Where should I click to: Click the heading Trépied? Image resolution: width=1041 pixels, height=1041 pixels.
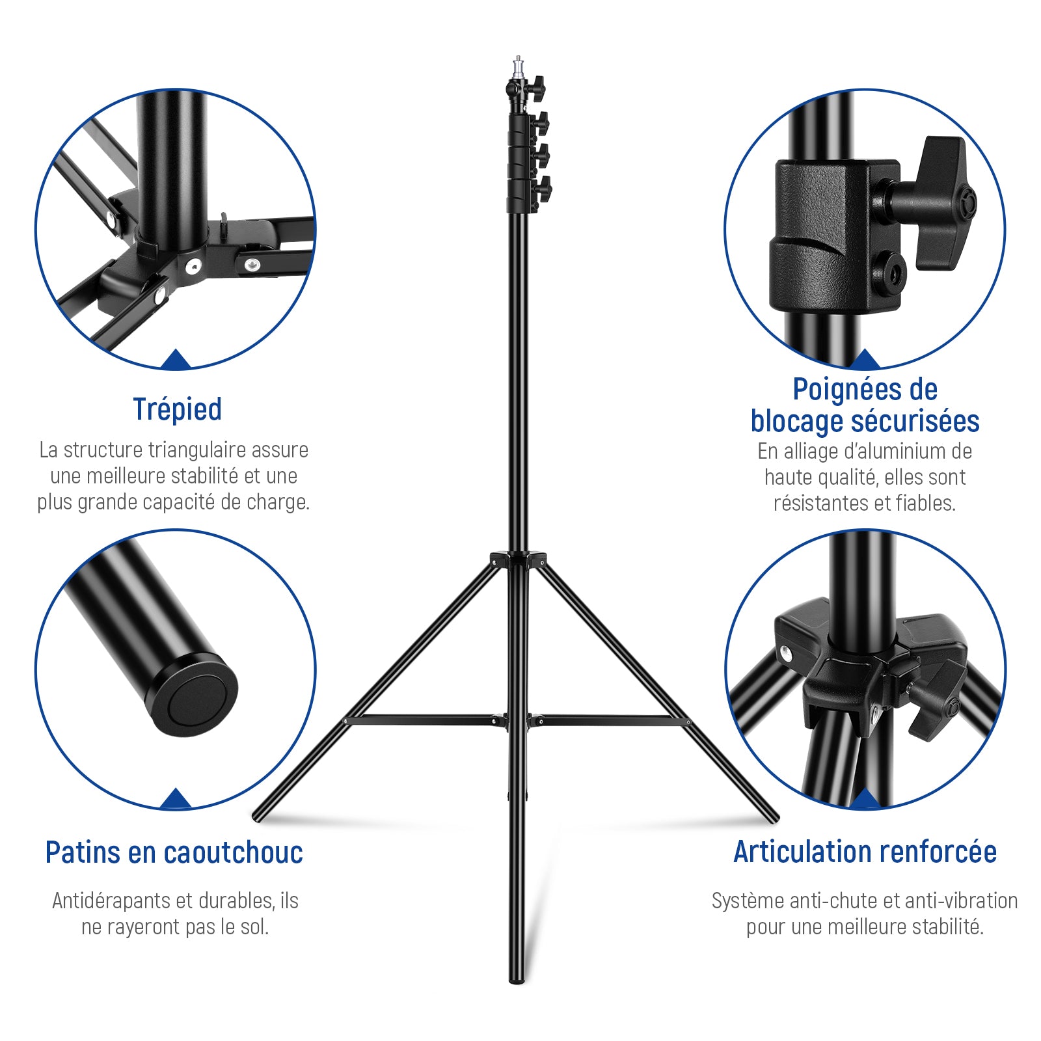177,410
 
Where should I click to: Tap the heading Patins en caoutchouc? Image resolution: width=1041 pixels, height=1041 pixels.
174,852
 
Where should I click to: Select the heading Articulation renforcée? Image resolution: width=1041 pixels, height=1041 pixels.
865,852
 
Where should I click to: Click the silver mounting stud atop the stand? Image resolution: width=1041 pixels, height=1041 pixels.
518,66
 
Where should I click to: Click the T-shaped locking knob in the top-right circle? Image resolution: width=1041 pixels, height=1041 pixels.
934,202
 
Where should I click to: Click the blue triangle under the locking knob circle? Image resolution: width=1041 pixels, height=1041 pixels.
865,358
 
